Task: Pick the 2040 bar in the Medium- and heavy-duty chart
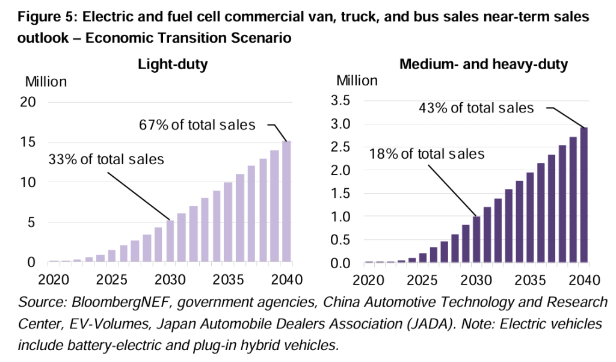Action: [x=584, y=195]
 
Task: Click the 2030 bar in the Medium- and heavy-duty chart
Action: [x=476, y=240]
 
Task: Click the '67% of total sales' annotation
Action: [x=197, y=125]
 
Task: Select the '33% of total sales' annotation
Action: [x=106, y=159]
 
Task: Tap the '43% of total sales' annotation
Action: [x=476, y=108]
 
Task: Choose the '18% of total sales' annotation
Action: [x=427, y=153]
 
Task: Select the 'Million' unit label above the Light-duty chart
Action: [x=46, y=81]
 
